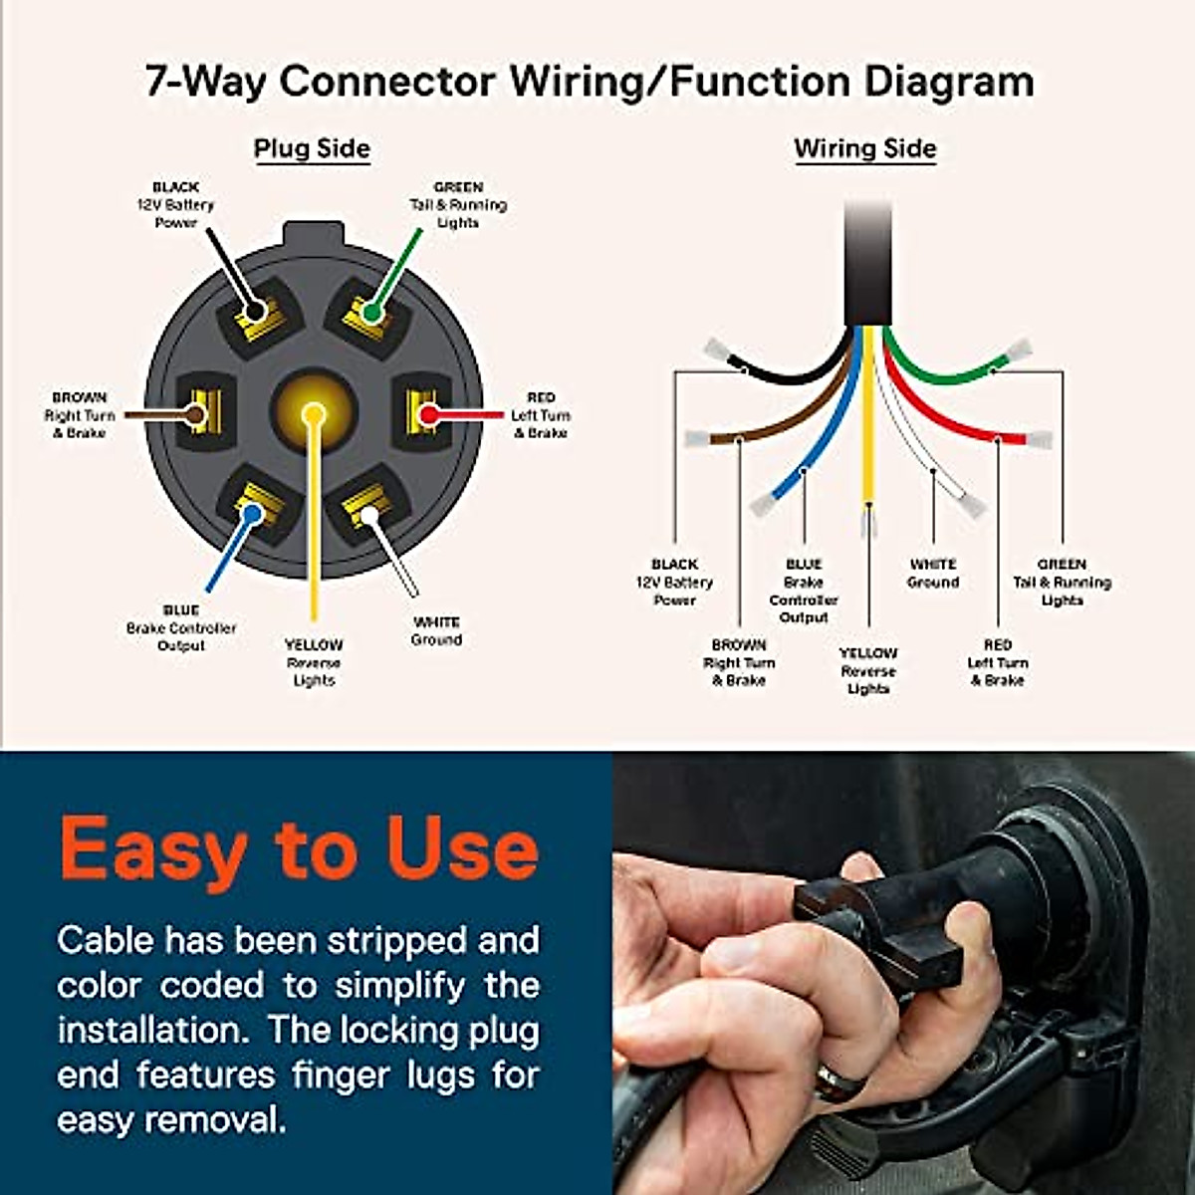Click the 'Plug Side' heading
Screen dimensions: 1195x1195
[x=312, y=149]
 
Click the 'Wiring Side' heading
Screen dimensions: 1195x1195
[x=864, y=149]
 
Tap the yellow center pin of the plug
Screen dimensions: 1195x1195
[x=314, y=411]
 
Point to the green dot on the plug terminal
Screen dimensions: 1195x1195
[x=371, y=314]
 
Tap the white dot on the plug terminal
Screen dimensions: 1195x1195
[x=369, y=514]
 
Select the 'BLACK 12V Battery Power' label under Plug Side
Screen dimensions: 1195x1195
[x=175, y=205]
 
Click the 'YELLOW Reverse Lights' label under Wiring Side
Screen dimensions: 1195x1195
[x=868, y=671]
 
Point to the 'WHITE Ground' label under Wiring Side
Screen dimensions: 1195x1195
[x=933, y=574]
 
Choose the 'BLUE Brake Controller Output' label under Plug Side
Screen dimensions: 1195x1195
[x=181, y=628]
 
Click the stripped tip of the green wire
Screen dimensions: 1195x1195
[x=1019, y=351]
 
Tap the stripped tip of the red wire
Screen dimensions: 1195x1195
[x=1039, y=439]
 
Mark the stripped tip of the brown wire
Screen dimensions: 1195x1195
[x=696, y=438]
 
